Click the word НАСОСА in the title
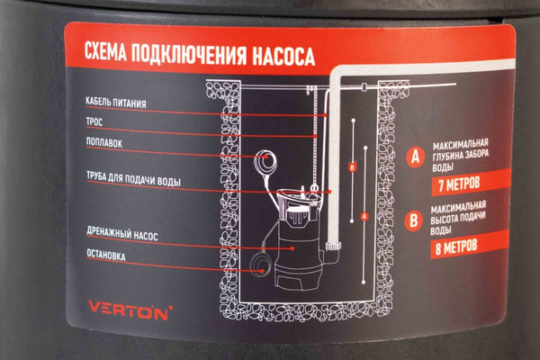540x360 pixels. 283,57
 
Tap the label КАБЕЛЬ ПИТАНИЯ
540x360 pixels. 116,103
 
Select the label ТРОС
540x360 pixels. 94,122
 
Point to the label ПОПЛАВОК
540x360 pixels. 104,142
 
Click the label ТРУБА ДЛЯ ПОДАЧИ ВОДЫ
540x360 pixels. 133,178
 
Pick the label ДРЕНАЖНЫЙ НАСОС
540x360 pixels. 122,234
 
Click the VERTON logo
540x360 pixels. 130,310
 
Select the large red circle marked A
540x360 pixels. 416,157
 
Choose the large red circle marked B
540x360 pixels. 414,220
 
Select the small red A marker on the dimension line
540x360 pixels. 364,216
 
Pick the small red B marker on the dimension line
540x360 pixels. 352,167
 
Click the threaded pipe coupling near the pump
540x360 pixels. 334,246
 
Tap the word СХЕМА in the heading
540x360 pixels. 104,52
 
